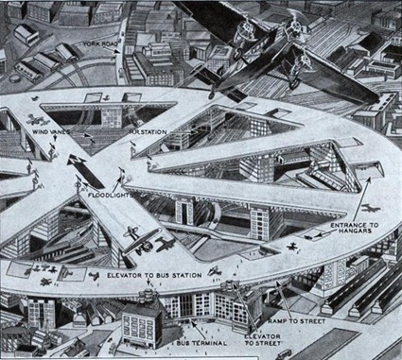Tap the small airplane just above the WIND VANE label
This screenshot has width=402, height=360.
coord(37,120)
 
